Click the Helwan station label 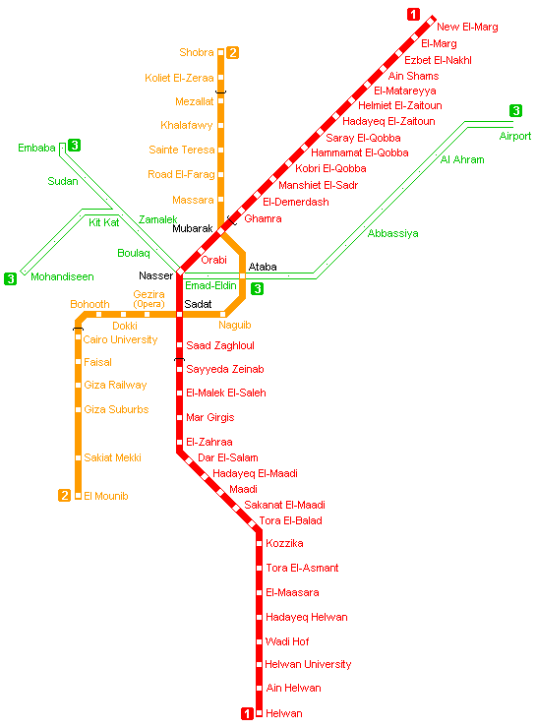[x=284, y=713]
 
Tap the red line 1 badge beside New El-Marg [x=413, y=15]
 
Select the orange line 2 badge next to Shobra [x=232, y=52]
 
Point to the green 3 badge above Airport [x=515, y=110]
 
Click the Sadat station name [x=198, y=304]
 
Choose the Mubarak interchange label [x=192, y=228]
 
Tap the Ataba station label [x=263, y=267]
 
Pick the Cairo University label [x=120, y=339]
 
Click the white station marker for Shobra [x=221, y=52]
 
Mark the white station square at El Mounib [x=78, y=496]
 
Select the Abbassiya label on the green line [x=392, y=233]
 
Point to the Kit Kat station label [x=104, y=222]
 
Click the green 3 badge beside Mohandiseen [x=10, y=278]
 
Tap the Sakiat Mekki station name [x=112, y=457]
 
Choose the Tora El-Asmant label [x=302, y=568]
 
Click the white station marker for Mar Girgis [x=179, y=417]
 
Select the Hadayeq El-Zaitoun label [x=388, y=122]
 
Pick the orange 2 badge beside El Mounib [x=65, y=496]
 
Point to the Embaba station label [x=36, y=149]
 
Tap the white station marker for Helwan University [x=259, y=664]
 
